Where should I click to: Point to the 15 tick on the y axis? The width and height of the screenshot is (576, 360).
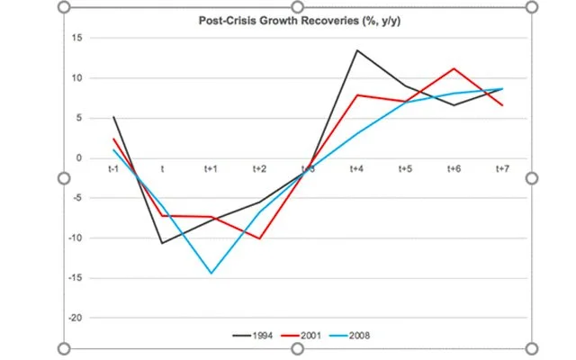pyautogui.click(x=78, y=38)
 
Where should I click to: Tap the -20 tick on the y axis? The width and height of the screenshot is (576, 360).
pyautogui.click(x=76, y=318)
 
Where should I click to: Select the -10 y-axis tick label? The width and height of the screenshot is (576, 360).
pyautogui.click(x=76, y=238)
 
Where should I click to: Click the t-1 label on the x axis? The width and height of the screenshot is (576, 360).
pyautogui.click(x=114, y=168)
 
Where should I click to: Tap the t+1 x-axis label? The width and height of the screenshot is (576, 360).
pyautogui.click(x=211, y=168)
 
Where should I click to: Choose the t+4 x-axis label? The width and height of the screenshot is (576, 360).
pyautogui.click(x=357, y=168)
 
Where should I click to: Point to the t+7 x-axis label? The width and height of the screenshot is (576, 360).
pyautogui.click(x=503, y=168)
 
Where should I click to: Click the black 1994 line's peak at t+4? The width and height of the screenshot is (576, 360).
pyautogui.click(x=357, y=50)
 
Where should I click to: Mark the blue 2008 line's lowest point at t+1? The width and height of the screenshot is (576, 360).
pyautogui.click(x=211, y=273)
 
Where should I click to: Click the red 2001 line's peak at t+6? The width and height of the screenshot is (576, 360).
pyautogui.click(x=454, y=68)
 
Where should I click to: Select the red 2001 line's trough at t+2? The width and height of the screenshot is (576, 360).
pyautogui.click(x=260, y=238)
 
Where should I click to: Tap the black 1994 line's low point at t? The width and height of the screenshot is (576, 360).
pyautogui.click(x=163, y=243)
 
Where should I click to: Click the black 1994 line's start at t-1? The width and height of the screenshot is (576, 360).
pyautogui.click(x=114, y=117)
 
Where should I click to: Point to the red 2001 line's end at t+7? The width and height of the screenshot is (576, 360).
pyautogui.click(x=503, y=105)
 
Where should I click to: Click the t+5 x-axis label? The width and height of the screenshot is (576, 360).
pyautogui.click(x=406, y=168)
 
